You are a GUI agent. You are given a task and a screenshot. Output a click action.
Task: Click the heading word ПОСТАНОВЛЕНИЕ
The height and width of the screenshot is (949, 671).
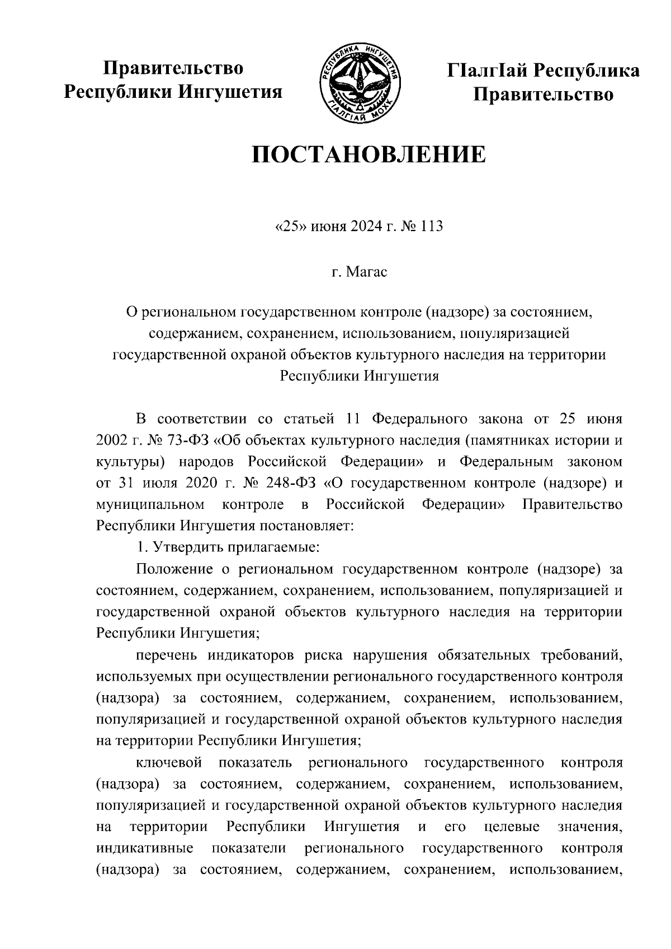(368, 154)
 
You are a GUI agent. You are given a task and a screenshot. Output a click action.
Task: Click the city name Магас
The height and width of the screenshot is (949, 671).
(367, 273)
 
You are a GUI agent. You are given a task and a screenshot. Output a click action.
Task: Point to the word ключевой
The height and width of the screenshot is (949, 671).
(168, 763)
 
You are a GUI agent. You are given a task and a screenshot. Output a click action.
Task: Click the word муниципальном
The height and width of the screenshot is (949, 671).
(150, 504)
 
